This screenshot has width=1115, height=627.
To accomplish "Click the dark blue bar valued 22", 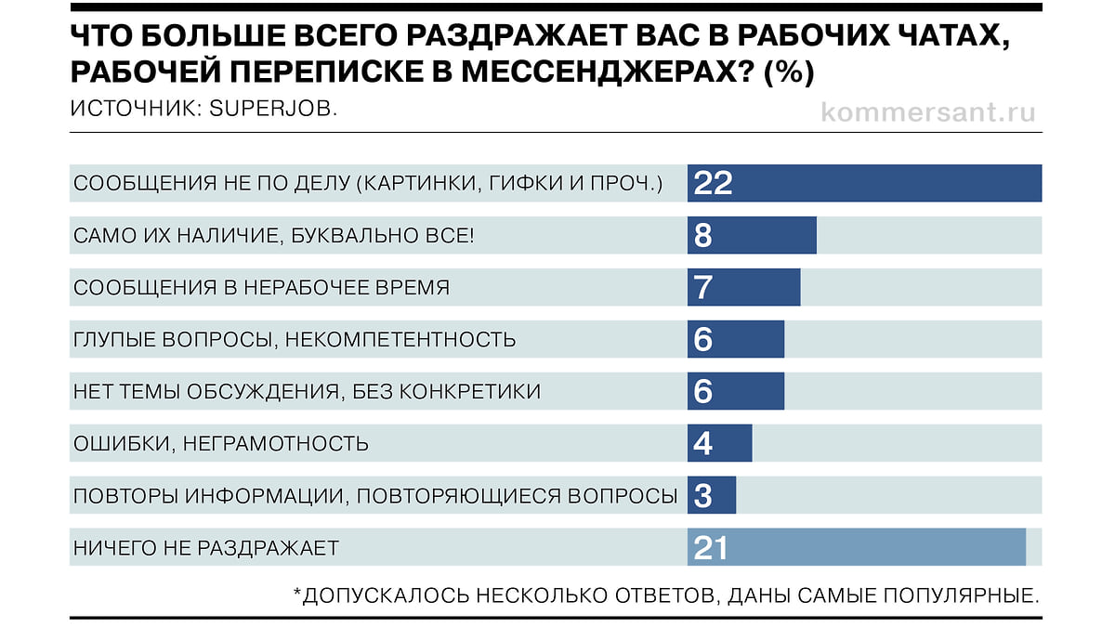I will coord(864,183).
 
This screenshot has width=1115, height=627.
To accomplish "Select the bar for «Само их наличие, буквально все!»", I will coord(752,235).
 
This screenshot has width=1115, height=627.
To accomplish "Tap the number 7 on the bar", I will coord(702,287).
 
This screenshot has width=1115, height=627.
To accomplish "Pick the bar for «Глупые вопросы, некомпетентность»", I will coord(736,339).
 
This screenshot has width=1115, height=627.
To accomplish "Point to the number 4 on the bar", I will coord(702,444).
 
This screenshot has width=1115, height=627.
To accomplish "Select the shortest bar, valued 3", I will coord(712,495).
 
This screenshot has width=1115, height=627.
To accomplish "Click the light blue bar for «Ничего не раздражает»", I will coord(856,547).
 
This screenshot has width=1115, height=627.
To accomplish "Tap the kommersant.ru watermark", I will coord(928,111).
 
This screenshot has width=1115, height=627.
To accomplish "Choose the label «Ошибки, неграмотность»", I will coord(220,444).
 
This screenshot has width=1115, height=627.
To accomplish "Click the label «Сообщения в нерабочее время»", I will coord(261,287).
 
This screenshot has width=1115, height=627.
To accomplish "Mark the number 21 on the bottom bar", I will coord(710,548).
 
